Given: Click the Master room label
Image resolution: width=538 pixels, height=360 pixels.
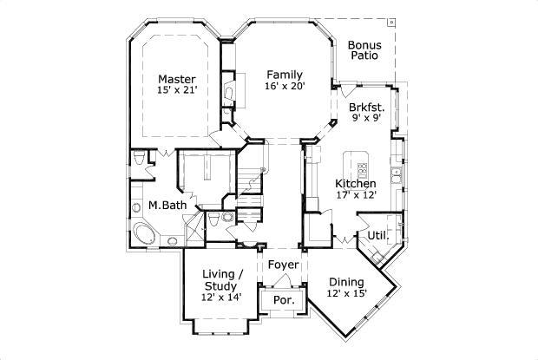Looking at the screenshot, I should click(176, 79).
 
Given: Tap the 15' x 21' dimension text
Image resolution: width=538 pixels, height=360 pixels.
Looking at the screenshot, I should click(176, 90).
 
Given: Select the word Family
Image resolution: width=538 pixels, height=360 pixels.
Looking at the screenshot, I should click(284, 74).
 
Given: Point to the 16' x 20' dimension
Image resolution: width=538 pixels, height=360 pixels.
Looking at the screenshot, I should click(284, 86).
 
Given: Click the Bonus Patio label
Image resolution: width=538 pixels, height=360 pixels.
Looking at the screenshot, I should click(366, 49).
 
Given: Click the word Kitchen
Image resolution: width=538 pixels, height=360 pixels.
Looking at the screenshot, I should click(356, 184).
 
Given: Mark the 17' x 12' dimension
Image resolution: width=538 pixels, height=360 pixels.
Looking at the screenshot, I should click(356, 195).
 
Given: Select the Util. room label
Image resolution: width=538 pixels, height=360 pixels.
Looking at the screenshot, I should click(377, 235).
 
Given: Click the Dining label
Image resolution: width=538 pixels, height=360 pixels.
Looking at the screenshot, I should click(347, 281).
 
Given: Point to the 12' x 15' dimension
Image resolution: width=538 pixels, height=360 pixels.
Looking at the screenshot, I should click(347, 293).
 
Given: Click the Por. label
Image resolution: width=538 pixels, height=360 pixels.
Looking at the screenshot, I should click(283, 299).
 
